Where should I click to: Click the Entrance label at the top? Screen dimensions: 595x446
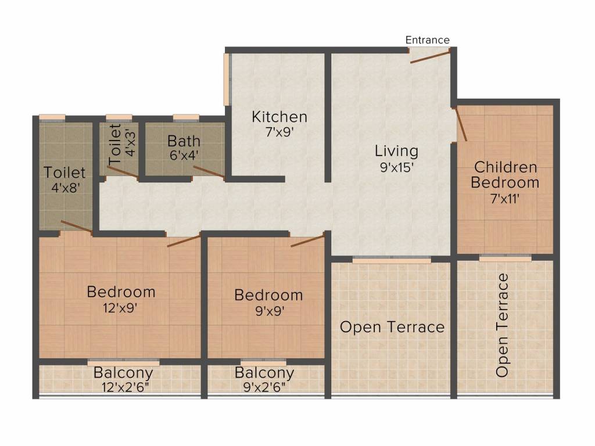pos(427,40)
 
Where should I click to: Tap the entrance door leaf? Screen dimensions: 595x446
pos(430,56)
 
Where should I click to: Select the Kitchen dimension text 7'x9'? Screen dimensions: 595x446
pos(279,132)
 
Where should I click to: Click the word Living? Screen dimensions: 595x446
pos(396,151)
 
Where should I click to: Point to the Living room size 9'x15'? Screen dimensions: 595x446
pos(396,167)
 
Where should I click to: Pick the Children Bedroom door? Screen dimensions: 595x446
pos(460,124)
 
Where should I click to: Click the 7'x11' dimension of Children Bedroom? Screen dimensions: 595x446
pos(505,199)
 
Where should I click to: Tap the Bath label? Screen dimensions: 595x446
pos(184,141)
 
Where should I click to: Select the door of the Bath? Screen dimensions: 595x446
pos(209,172)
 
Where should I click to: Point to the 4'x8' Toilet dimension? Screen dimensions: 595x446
pos(65,188)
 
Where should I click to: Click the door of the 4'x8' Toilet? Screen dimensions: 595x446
pos(76,226)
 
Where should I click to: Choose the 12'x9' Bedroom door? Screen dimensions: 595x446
pos(184,241)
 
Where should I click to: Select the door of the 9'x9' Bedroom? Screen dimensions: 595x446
pos(308,240)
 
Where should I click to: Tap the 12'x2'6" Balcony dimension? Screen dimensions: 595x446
pos(125,387)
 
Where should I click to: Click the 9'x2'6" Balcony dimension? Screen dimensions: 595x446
pos(264,387)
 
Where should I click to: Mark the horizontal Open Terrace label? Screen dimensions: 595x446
pos(392,327)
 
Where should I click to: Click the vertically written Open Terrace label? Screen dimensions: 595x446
pos(502,325)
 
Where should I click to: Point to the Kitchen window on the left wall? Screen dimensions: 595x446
pos(227,79)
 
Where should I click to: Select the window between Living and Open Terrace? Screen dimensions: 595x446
pos(392,260)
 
